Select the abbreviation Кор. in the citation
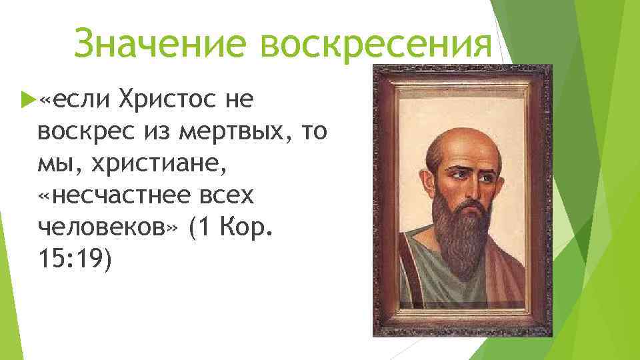257,227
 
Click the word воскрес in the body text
85,131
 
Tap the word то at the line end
315,131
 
